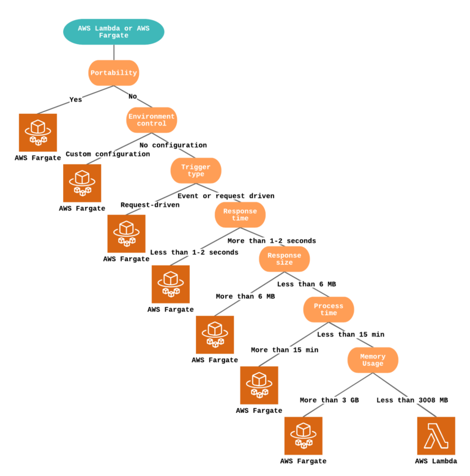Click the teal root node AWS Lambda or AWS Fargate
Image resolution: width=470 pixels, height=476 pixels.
pyautogui.click(x=114, y=32)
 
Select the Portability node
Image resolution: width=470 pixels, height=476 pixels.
pyautogui.click(x=114, y=73)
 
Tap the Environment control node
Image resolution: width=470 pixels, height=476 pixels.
pyautogui.click(x=152, y=120)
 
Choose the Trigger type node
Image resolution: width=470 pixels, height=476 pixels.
pyautogui.click(x=196, y=171)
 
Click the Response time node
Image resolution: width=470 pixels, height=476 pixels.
pyautogui.click(x=240, y=215)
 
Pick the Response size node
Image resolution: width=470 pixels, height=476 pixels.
pyautogui.click(x=284, y=259)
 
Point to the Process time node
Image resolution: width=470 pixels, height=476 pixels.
pyautogui.click(x=329, y=310)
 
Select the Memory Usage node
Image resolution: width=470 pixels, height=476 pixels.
pyautogui.click(x=373, y=360)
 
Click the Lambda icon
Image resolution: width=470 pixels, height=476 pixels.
pyautogui.click(x=436, y=436)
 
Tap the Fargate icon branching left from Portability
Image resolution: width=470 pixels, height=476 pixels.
pyautogui.click(x=38, y=133)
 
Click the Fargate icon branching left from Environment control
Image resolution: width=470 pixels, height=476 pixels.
pyautogui.click(x=83, y=184)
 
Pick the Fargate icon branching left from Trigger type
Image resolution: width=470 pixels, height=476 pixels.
pyautogui.click(x=127, y=234)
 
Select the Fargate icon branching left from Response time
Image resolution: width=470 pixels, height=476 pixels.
pyautogui.click(x=171, y=284)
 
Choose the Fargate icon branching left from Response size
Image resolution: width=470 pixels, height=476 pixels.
pyautogui.click(x=215, y=335)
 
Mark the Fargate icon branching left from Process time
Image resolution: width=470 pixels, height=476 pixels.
pyautogui.click(x=259, y=385)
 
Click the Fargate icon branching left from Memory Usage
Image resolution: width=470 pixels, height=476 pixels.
pyautogui.click(x=304, y=436)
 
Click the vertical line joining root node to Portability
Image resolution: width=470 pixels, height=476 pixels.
pyautogui.click(x=114, y=52)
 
